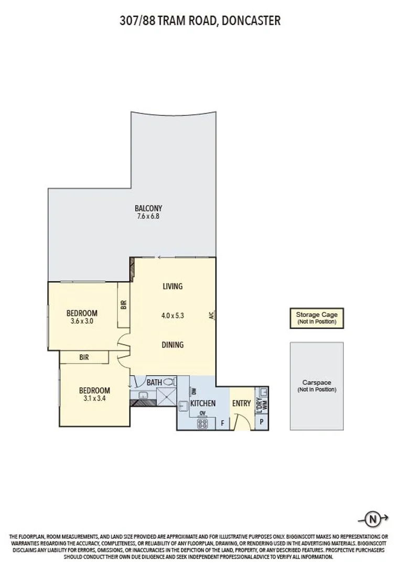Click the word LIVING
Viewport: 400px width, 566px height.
(x=172, y=286)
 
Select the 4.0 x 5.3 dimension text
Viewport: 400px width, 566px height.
(x=172, y=315)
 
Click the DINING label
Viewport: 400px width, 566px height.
(x=172, y=344)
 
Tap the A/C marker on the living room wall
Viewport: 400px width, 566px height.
(x=211, y=315)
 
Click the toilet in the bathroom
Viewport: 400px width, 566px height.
(x=169, y=383)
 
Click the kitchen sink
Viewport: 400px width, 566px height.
(x=184, y=405)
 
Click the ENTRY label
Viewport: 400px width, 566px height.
(x=242, y=403)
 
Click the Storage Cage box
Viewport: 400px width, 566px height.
(x=317, y=318)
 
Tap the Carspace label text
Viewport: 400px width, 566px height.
(x=317, y=383)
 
